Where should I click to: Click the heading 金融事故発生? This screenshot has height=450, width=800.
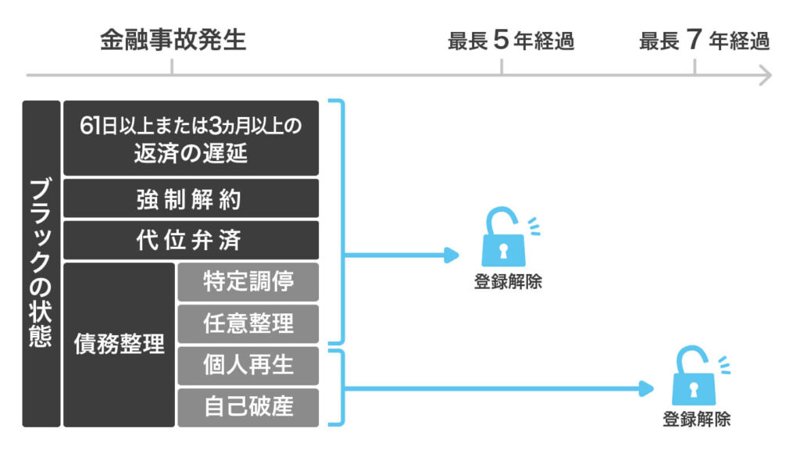pyautogui.click(x=172, y=40)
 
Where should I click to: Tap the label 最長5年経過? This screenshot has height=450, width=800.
pyautogui.click(x=511, y=41)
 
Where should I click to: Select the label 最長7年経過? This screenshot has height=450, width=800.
pyautogui.click(x=704, y=41)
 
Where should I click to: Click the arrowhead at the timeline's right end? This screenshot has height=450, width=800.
pyautogui.click(x=765, y=76)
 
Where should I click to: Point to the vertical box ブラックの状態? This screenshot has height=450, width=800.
pyautogui.click(x=41, y=263)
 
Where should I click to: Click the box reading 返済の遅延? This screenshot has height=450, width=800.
pyautogui.click(x=191, y=138)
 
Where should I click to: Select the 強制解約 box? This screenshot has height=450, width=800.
pyautogui.click(x=191, y=199)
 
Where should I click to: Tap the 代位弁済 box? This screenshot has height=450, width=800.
pyautogui.click(x=191, y=240)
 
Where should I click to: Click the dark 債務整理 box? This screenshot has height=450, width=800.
pyautogui.click(x=120, y=345)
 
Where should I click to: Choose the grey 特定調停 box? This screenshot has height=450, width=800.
pyautogui.click(x=248, y=282)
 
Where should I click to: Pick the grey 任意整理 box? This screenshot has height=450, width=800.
pyautogui.click(x=248, y=323)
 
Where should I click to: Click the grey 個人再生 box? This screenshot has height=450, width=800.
pyautogui.click(x=248, y=366)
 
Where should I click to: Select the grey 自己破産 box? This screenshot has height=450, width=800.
pyautogui.click(x=248, y=407)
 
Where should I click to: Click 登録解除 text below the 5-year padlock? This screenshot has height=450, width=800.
pyautogui.click(x=508, y=282)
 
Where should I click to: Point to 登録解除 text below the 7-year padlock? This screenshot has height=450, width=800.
pyautogui.click(x=697, y=419)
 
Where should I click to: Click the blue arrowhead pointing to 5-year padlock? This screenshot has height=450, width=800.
pyautogui.click(x=451, y=255)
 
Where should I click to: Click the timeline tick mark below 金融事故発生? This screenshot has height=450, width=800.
pyautogui.click(x=171, y=69)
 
